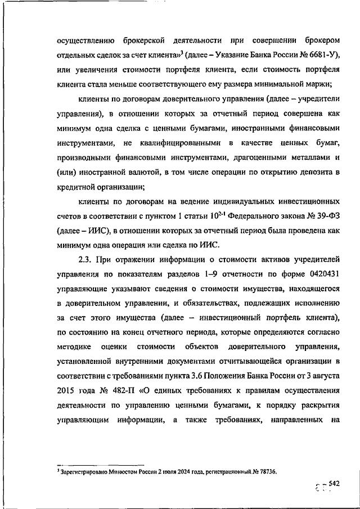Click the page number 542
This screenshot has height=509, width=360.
(x=335, y=484)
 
